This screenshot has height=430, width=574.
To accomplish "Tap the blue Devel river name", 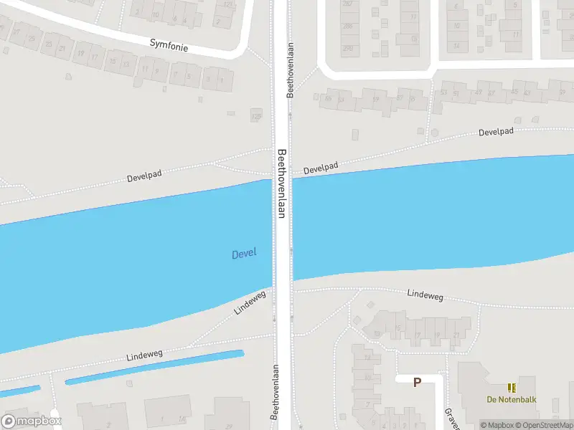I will pos(244,254).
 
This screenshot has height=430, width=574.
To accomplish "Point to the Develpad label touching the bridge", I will pos(320,168).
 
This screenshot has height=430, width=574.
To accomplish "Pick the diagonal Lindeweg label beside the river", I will pos(250,302).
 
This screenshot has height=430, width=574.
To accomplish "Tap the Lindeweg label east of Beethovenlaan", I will pos(425,294).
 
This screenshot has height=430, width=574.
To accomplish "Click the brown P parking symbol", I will pos(417,383).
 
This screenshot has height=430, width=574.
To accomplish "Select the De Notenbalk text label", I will pos(511,400).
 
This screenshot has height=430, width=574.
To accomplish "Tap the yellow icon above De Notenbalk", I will pos(512,388).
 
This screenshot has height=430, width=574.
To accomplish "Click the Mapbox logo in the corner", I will pos(32,421).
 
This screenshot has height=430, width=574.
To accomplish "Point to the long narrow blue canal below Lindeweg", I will pos(154,366).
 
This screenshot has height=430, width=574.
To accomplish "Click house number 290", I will pos(348,48).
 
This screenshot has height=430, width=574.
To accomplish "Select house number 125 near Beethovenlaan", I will pos(255,115).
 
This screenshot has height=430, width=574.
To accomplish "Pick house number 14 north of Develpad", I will pos(457,46).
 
